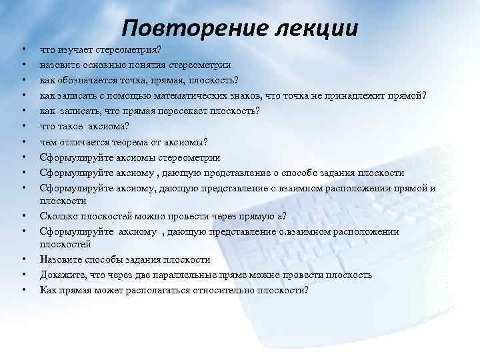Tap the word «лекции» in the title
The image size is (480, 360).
coord(314,28)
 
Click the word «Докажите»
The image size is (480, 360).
coord(62,275)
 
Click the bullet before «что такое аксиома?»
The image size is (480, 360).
coord(23,125)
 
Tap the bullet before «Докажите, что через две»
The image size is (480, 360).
coord(23,275)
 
